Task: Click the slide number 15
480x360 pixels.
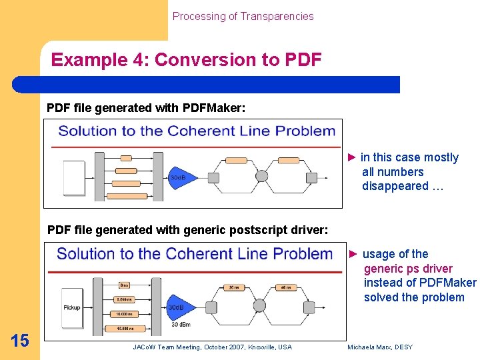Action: coord(20,341)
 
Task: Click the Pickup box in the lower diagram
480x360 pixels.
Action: coord(71,307)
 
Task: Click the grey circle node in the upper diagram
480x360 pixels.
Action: coord(261,176)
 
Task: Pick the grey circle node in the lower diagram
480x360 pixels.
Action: coord(261,307)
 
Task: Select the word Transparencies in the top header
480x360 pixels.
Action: coord(279,16)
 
